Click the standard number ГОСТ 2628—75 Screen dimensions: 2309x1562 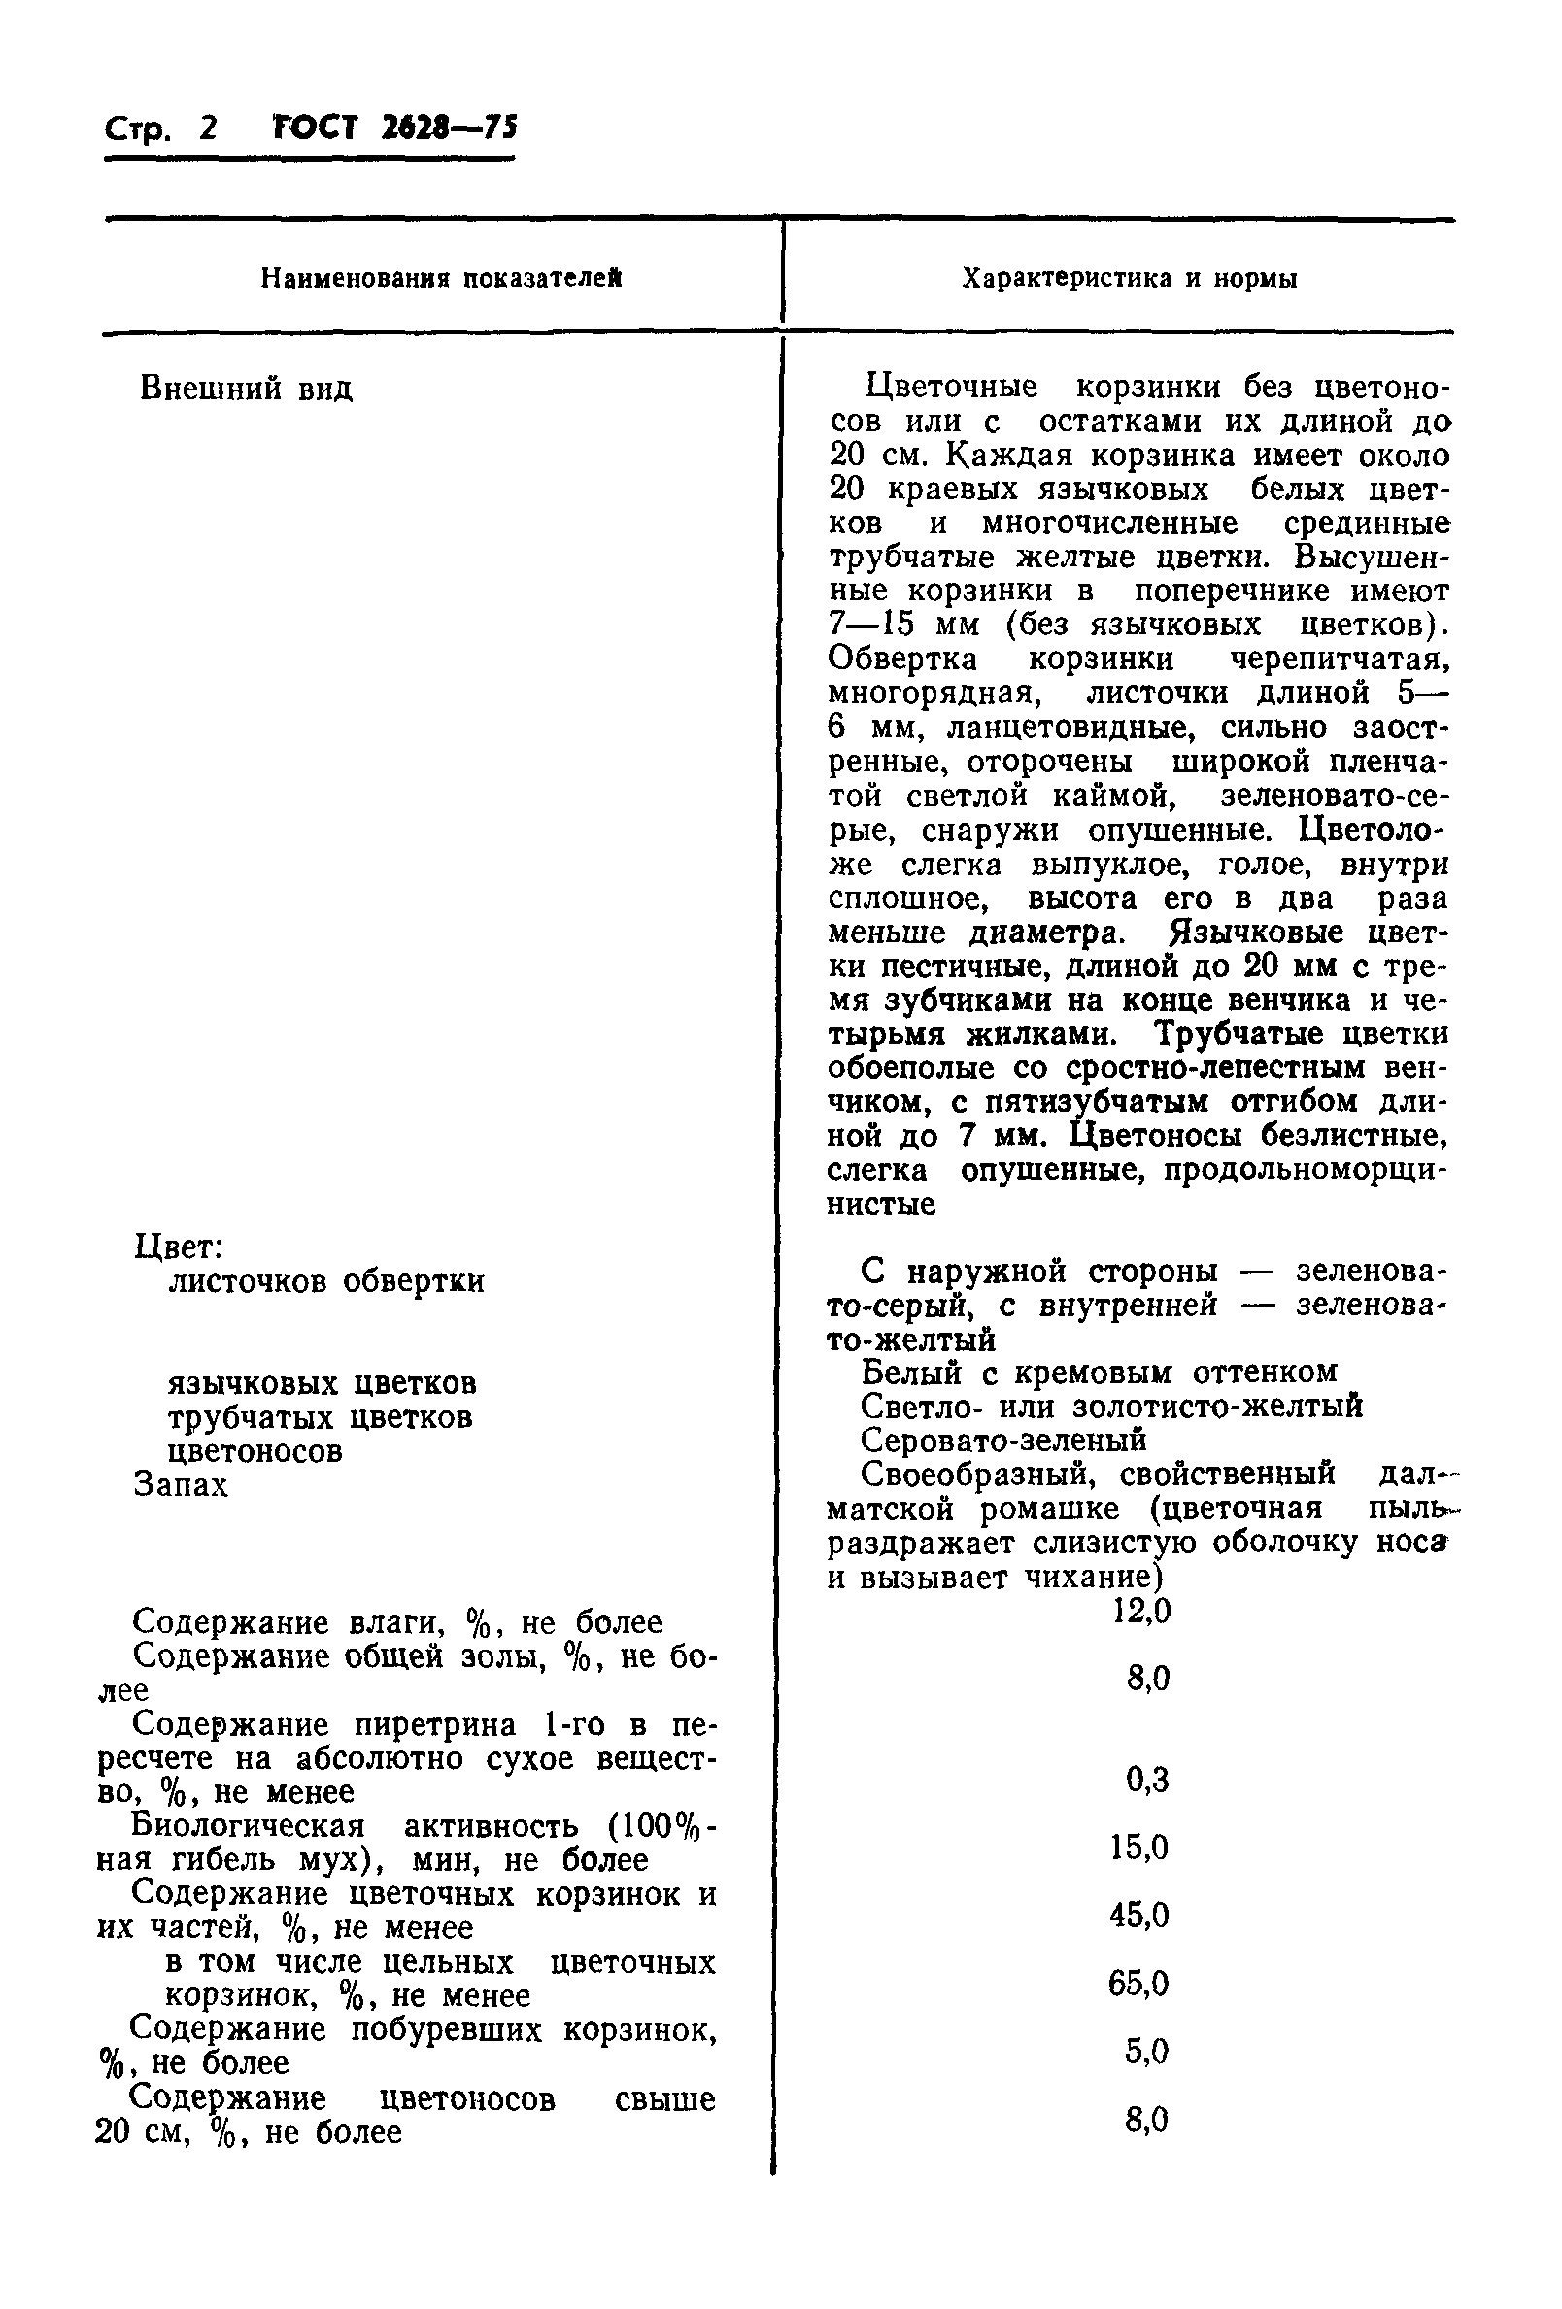click(394, 128)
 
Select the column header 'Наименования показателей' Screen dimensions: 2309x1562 click(441, 279)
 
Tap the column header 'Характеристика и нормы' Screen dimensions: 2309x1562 click(1130, 279)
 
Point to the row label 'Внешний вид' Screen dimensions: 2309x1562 click(247, 389)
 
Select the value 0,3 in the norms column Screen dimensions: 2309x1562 click(1147, 1780)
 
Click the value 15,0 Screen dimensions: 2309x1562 click(1139, 1848)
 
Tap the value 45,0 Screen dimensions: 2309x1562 click(1139, 1915)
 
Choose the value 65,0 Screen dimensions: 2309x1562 click(1139, 1985)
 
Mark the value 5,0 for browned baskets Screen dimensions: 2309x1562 click(1147, 2051)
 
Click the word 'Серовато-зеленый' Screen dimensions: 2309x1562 click(1003, 1440)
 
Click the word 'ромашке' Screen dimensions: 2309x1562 click(1052, 1509)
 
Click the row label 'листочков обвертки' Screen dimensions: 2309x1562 click(326, 1282)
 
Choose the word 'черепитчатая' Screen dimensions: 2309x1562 click(1339, 660)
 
